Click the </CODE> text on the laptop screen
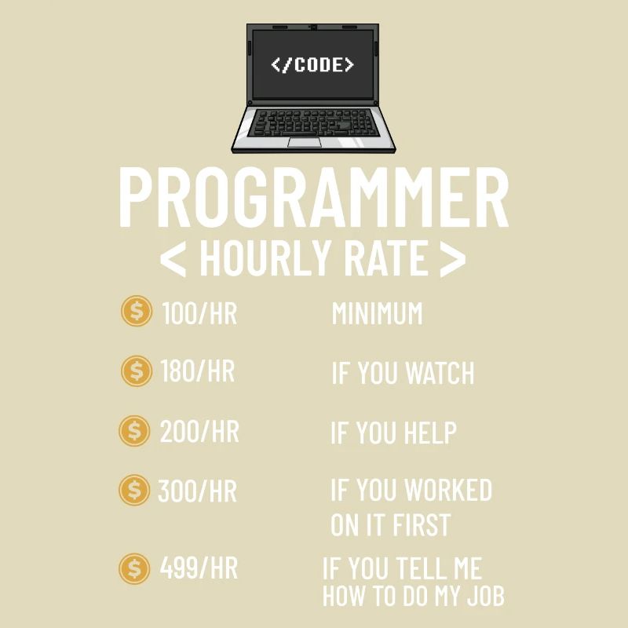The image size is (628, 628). coord(312,64)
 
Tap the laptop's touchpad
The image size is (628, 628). coord(303,142)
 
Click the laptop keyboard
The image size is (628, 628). coord(313,122)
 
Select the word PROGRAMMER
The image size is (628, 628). coord(313,198)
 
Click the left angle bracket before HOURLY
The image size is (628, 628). coord(173,259)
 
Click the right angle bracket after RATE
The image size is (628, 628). coord(452,259)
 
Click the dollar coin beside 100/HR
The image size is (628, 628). coord(137,312)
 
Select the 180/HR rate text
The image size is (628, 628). coord(197,371)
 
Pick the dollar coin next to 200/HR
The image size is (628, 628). coord(134,431)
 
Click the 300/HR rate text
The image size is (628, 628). coord(197,491)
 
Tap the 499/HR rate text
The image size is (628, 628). coord(199,568)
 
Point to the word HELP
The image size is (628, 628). coord(429,433)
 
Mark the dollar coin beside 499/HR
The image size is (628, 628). coord(134,568)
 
